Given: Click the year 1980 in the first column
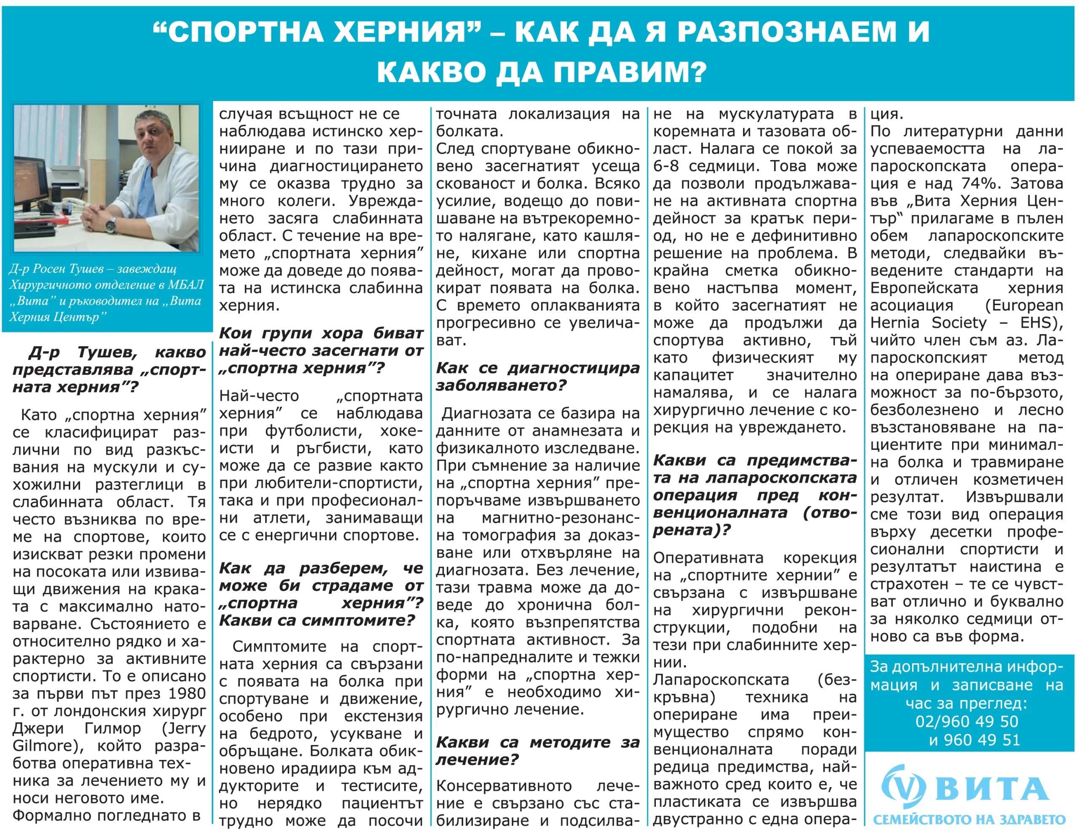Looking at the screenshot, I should click(x=186, y=694).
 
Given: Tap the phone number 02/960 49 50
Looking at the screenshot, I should click(x=966, y=721).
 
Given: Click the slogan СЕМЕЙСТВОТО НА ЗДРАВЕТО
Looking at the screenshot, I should click(x=969, y=819).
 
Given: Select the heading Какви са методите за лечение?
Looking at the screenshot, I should click(x=537, y=750).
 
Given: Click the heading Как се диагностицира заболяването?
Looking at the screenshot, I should click(x=537, y=376).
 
